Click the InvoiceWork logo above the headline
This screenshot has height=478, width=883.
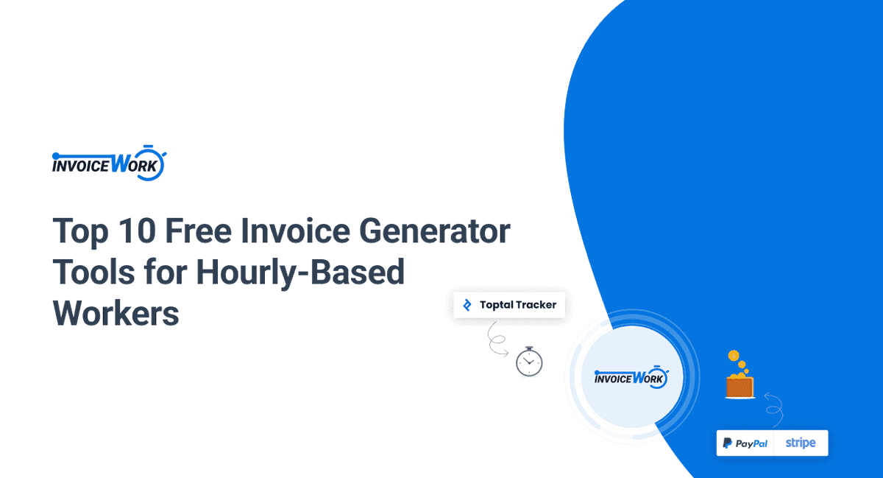109,163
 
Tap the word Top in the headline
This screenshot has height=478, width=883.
80,231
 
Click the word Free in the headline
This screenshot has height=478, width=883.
198,231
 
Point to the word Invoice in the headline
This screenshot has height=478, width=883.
295,231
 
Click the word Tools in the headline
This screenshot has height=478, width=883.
93,272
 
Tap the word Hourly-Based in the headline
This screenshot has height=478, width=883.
300,273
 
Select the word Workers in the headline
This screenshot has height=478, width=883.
116,314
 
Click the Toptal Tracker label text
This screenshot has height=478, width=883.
518,305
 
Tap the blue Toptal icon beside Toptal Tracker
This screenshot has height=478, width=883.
467,305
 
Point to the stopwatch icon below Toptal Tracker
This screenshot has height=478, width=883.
529,362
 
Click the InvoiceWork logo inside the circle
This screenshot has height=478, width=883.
631,377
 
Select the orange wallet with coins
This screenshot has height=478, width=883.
740,384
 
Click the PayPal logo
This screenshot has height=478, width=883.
745,443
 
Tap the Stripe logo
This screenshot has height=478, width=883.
801,443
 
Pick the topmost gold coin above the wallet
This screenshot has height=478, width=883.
733,356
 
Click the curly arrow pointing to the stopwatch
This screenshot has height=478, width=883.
496,340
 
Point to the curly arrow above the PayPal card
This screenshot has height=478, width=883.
775,410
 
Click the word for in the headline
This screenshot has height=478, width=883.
166,272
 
